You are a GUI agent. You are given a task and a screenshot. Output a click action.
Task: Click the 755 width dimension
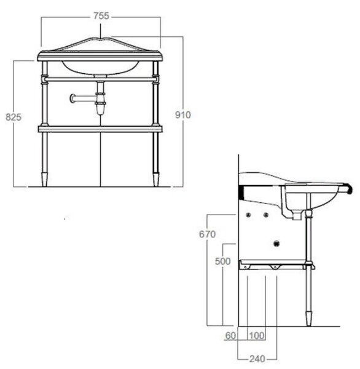(101, 16)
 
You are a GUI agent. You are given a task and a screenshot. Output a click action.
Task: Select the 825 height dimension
(14, 117)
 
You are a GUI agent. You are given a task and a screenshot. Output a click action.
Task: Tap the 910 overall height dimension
(183, 115)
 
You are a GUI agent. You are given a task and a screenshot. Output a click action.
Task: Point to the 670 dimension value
(207, 234)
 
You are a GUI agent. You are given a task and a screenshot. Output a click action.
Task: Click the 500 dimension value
(222, 261)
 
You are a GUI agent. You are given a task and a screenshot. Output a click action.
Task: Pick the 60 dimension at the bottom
(230, 335)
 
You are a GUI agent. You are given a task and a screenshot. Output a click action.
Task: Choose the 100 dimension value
(257, 335)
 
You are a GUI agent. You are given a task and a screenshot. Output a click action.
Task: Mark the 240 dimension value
(257, 359)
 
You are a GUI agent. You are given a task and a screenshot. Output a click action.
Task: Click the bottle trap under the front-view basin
(100, 103)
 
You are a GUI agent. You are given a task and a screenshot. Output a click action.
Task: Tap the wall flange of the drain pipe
(72, 98)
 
